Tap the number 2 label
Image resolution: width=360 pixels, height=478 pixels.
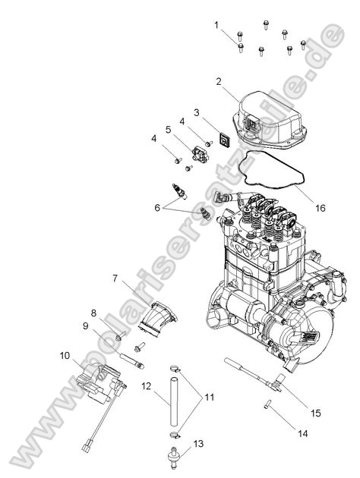pyautogui.click(x=219, y=81)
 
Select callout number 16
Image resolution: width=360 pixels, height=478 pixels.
pyautogui.click(x=321, y=206)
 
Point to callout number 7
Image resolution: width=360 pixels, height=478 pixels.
pyautogui.click(x=115, y=278)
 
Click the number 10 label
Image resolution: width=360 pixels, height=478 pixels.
pyautogui.click(x=65, y=355)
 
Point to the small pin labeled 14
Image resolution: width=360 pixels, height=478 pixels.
pyautogui.click(x=268, y=404)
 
